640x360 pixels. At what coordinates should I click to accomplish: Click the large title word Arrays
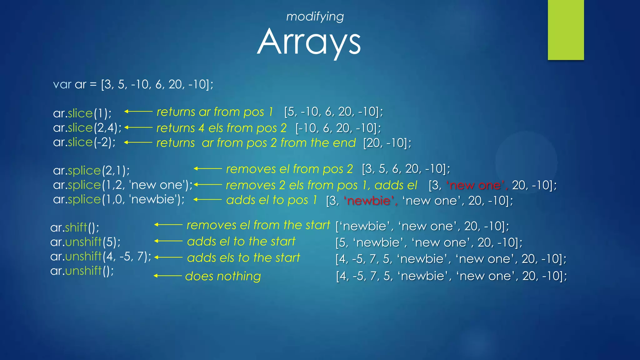(x=309, y=42)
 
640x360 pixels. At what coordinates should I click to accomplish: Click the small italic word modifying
(x=315, y=17)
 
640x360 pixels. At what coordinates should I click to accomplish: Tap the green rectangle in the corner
(x=566, y=30)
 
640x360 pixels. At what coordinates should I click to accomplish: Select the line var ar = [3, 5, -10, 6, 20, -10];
(x=133, y=84)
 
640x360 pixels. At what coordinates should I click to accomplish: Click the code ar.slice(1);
(x=82, y=113)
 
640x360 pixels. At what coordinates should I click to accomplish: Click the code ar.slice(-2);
(x=84, y=142)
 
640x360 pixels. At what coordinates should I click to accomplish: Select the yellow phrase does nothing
(x=223, y=276)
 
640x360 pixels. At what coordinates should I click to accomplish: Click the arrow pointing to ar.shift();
(x=168, y=225)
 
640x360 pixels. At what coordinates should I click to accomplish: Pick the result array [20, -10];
(x=387, y=143)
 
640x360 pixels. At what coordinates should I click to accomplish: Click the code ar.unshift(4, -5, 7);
(x=101, y=256)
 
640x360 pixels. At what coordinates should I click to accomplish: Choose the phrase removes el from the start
(x=258, y=225)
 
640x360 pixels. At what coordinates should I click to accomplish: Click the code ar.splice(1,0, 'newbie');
(x=119, y=199)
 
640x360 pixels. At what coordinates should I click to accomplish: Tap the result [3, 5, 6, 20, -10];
(x=406, y=169)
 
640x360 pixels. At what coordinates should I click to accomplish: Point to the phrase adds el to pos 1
(x=272, y=200)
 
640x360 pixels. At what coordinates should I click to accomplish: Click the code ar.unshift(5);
(x=85, y=242)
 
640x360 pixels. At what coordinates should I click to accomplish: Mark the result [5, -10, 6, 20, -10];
(x=333, y=112)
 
